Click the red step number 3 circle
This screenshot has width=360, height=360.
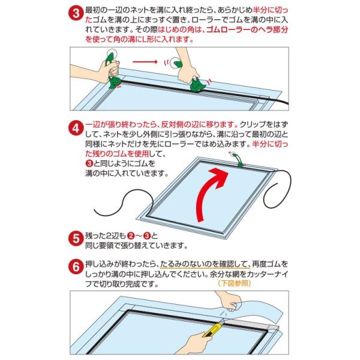pos(76,13)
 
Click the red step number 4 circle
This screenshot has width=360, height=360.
pos(76,128)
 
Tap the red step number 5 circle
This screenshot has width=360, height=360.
pos(76,239)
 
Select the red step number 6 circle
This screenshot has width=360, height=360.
pos(76,267)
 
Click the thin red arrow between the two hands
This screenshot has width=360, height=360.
pos(145,62)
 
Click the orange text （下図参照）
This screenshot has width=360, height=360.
pos(235,283)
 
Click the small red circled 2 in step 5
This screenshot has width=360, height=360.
pos(131,236)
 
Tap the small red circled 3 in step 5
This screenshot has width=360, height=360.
pos(147,236)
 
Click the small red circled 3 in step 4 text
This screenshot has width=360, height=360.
pos(89,163)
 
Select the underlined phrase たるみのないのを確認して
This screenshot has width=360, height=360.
pos(205,264)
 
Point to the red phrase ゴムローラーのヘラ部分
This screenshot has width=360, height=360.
pos(247,30)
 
